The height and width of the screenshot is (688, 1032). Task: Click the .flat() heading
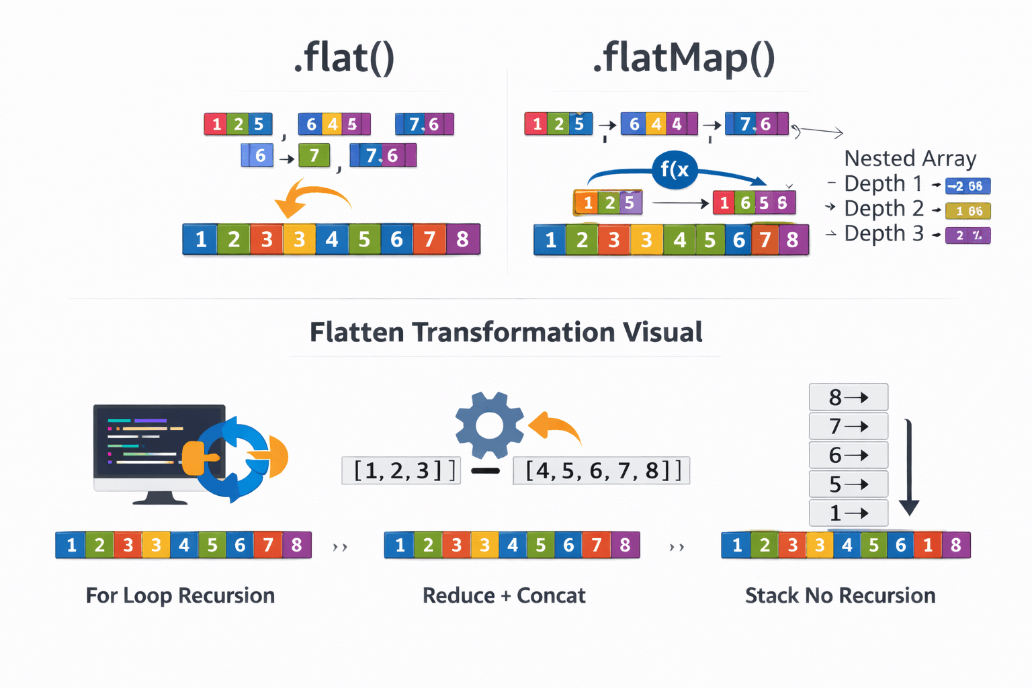click(x=344, y=58)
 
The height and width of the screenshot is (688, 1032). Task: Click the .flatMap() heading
click(x=683, y=59)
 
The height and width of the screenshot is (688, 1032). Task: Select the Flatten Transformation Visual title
click(x=506, y=333)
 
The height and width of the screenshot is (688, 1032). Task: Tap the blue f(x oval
click(x=675, y=169)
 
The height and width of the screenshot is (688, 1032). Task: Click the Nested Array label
click(x=910, y=159)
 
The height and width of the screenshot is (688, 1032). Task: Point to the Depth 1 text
click(x=884, y=183)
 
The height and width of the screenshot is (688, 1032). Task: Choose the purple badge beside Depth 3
click(x=967, y=236)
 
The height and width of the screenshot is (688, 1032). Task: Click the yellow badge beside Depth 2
click(x=967, y=211)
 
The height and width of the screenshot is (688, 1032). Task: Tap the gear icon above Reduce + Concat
click(x=489, y=425)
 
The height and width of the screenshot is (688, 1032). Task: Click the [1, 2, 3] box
click(x=401, y=470)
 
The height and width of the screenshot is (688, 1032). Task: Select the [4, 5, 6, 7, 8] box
click(x=601, y=470)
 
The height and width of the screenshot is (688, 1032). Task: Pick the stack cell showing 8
click(x=849, y=397)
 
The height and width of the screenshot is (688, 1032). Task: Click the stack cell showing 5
click(x=849, y=484)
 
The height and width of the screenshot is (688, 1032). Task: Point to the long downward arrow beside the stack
click(x=908, y=467)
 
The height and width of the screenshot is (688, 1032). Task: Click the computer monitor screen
click(x=159, y=441)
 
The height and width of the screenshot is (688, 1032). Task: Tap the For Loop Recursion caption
click(x=180, y=596)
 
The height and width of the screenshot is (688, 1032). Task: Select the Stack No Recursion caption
click(x=840, y=596)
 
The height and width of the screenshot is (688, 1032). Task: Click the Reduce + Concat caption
click(x=504, y=596)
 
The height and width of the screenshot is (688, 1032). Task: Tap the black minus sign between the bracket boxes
click(x=486, y=471)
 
